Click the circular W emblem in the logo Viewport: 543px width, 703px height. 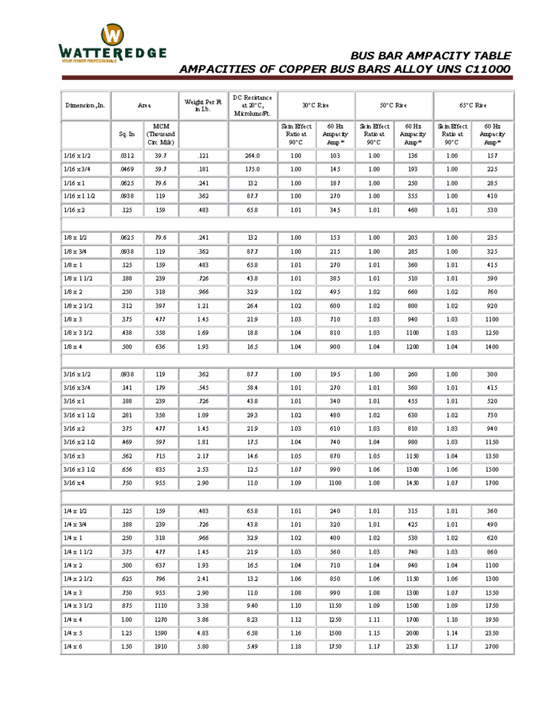pyautogui.click(x=112, y=35)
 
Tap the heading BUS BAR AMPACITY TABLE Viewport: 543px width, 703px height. pyautogui.click(x=430, y=56)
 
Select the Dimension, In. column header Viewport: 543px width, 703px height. pyautogui.click(x=85, y=105)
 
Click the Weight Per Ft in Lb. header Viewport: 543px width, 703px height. pyautogui.click(x=203, y=105)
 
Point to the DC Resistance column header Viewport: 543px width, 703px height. pyautogui.click(x=252, y=105)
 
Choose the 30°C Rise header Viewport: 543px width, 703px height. pyautogui.click(x=315, y=105)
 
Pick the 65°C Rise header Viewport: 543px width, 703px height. pyautogui.click(x=473, y=105)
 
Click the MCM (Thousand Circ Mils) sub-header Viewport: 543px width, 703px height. pyautogui.click(x=161, y=134)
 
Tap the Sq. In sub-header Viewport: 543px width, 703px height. pyautogui.click(x=127, y=134)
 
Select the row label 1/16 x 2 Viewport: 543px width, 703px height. pyautogui.click(x=74, y=210)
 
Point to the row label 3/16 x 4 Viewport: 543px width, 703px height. pyautogui.click(x=74, y=483)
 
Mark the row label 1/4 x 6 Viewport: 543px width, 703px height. pyautogui.click(x=73, y=646)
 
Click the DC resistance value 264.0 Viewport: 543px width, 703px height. pyautogui.click(x=252, y=156)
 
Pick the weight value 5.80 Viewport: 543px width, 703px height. pyautogui.click(x=203, y=646)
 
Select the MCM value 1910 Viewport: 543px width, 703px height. pyautogui.click(x=161, y=646)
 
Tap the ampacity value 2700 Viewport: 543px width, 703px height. pyautogui.click(x=492, y=646)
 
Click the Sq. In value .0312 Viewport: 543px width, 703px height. pyautogui.click(x=127, y=156)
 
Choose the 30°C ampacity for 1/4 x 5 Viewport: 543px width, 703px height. pyautogui.click(x=335, y=633)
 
